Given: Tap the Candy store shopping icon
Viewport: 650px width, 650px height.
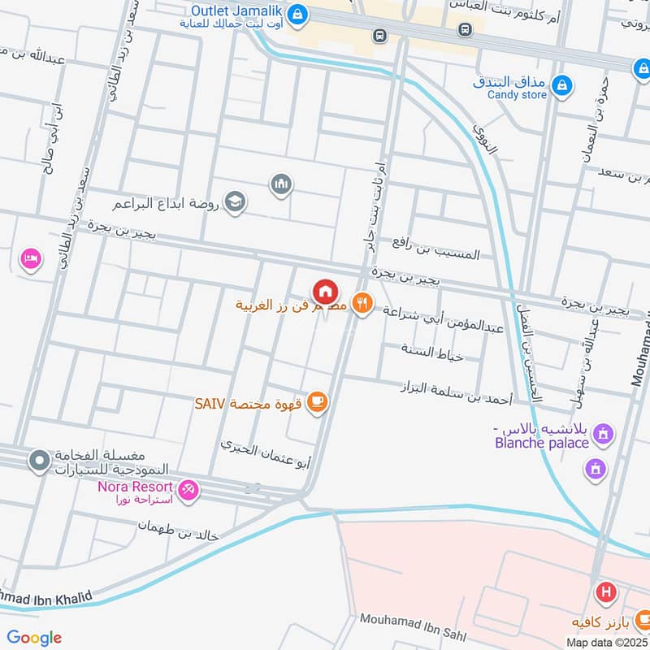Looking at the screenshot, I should (x=561, y=84).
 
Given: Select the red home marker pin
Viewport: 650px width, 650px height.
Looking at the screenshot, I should (x=325, y=291).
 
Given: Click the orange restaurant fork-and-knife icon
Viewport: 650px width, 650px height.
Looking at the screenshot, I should (x=362, y=304).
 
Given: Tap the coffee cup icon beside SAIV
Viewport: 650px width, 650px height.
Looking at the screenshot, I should (x=318, y=402).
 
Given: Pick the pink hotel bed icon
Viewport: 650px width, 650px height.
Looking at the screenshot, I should (x=31, y=259).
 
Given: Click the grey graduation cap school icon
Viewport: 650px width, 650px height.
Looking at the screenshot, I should (x=235, y=201).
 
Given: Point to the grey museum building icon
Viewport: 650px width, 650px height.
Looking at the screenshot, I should (x=281, y=184).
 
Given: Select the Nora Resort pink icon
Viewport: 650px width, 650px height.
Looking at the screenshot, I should (x=188, y=490).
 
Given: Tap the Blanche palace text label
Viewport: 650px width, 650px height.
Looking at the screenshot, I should (x=541, y=443).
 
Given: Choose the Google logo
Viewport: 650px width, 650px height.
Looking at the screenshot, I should (x=34, y=638).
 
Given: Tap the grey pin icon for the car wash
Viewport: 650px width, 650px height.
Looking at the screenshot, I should (x=38, y=461).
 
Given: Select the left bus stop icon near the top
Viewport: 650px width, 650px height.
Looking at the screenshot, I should (x=379, y=35).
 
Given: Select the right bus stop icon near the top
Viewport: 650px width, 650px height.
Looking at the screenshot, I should (x=465, y=29).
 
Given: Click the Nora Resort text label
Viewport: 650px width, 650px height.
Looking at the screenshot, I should (x=135, y=487).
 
